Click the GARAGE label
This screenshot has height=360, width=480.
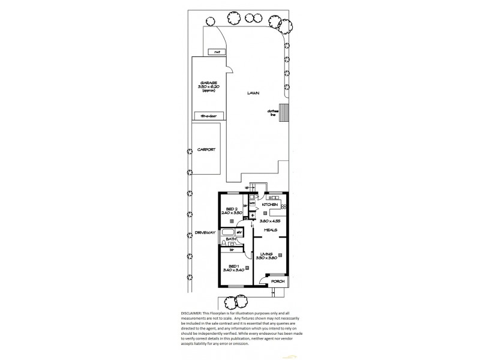point(209,83)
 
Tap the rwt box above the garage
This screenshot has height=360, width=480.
point(213,52)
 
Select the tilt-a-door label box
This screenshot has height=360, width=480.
point(208,115)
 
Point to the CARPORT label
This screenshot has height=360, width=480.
point(206,151)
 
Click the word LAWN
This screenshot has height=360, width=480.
point(253,94)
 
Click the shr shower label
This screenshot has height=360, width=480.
point(239,232)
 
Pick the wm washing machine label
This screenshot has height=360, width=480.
point(253,203)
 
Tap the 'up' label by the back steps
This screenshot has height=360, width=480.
point(247,187)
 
